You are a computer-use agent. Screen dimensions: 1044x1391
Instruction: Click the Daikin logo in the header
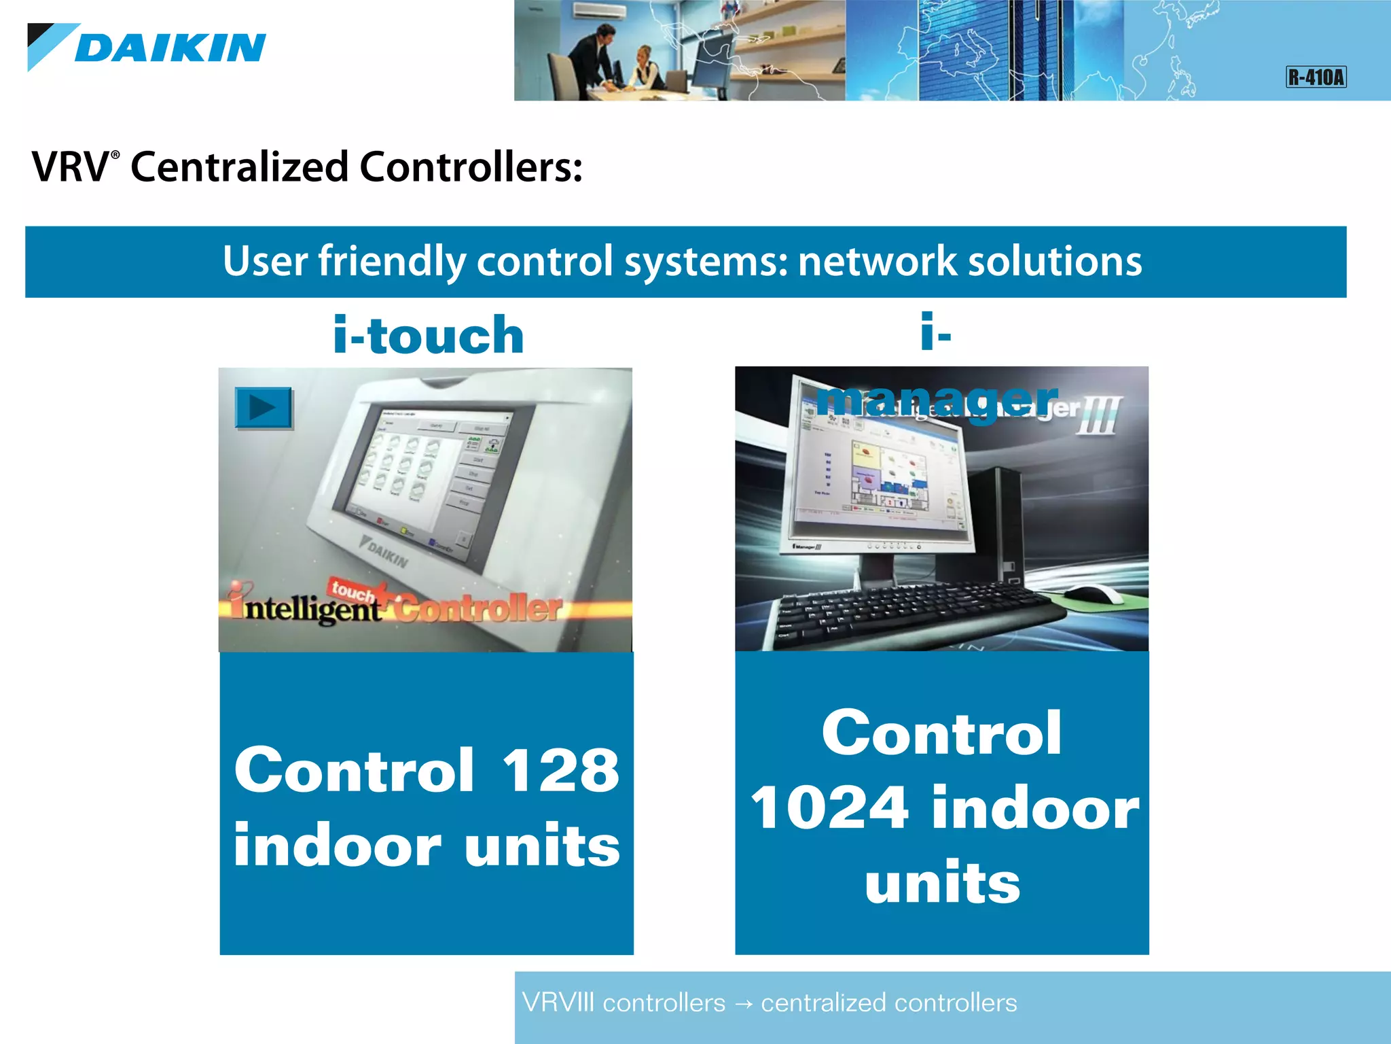[x=147, y=48]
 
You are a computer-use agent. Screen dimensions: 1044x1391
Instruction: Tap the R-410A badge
[x=1316, y=77]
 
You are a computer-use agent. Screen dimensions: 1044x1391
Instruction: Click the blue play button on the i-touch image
[x=264, y=408]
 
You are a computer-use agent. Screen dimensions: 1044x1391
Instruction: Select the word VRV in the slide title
[x=70, y=167]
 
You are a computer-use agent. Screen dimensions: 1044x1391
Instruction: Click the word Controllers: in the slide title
[x=471, y=167]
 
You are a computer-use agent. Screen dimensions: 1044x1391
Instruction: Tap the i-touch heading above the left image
[x=429, y=335]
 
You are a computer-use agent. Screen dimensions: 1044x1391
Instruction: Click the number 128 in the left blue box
[x=560, y=771]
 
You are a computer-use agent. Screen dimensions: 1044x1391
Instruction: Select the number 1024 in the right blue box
[x=829, y=807]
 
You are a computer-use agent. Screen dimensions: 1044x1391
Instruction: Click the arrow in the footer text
[x=743, y=1004]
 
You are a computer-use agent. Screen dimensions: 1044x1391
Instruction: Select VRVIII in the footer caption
[x=558, y=1003]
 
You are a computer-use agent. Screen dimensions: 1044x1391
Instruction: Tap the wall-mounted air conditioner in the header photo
[x=597, y=11]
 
